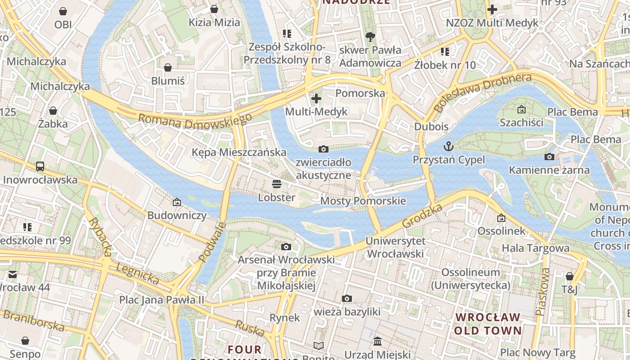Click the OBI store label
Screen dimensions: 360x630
click(x=63, y=24)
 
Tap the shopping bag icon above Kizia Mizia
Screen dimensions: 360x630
click(x=214, y=9)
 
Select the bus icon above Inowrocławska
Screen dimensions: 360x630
click(x=40, y=166)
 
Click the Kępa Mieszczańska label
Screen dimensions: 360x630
click(x=239, y=152)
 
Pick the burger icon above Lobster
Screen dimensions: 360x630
click(x=276, y=184)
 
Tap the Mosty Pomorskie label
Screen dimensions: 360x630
click(x=363, y=201)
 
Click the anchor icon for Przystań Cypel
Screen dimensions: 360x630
click(x=448, y=146)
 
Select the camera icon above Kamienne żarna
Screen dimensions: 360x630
click(x=549, y=157)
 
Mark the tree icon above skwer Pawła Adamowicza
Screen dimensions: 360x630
click(x=370, y=36)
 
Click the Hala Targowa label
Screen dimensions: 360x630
click(x=535, y=248)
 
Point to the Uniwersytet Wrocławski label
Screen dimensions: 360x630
click(x=395, y=247)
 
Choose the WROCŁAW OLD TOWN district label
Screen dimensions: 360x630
click(x=487, y=324)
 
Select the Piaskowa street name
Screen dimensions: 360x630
click(x=542, y=291)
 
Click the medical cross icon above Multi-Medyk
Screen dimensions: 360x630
click(x=316, y=98)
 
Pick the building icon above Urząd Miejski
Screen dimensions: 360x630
click(x=378, y=342)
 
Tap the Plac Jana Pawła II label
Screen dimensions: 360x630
click(x=162, y=300)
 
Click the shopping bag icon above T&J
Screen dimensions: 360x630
click(x=570, y=276)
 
